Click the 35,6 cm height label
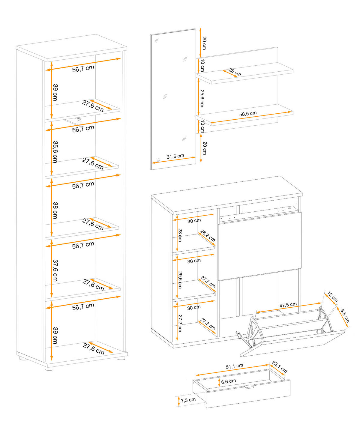(x=55, y=152)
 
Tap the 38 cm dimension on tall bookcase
(x=55, y=210)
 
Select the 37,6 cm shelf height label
(x=55, y=270)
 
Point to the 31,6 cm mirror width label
(x=175, y=156)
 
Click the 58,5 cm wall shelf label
(x=248, y=114)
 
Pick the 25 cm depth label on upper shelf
(x=235, y=72)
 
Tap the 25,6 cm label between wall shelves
(x=202, y=98)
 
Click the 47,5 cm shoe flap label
(x=288, y=305)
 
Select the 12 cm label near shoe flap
(x=332, y=297)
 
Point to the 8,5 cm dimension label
(x=345, y=315)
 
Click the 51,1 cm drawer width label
(x=234, y=366)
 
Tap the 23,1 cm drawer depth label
(x=280, y=366)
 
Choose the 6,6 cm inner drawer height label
(x=228, y=381)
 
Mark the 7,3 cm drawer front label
(x=188, y=400)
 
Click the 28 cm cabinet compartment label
(x=180, y=235)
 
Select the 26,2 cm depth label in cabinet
(x=208, y=236)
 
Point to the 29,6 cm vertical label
(x=180, y=279)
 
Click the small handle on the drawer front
(x=249, y=387)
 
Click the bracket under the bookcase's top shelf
(x=79, y=120)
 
